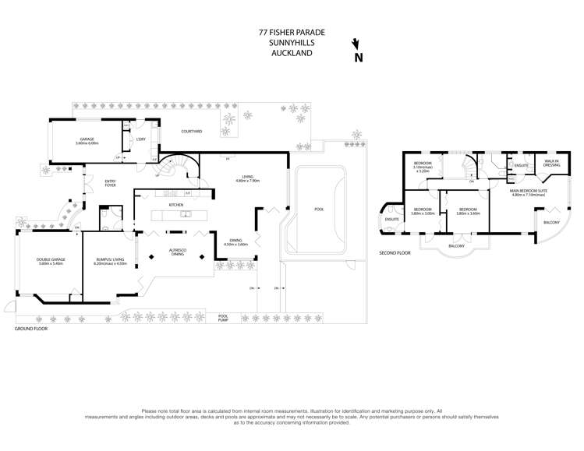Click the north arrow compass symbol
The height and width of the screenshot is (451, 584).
358,51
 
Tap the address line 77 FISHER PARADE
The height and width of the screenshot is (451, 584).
292,33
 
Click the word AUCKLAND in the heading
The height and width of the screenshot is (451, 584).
292,54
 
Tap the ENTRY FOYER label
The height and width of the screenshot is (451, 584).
110,183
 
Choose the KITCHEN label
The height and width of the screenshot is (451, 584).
176,204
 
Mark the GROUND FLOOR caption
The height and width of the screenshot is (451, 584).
31,329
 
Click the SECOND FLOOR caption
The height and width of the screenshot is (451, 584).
395,253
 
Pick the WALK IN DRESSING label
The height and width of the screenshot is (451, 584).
552,164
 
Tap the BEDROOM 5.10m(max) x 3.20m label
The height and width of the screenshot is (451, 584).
423,166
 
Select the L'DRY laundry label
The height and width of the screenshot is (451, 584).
141,139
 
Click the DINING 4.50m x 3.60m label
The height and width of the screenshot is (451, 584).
235,242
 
